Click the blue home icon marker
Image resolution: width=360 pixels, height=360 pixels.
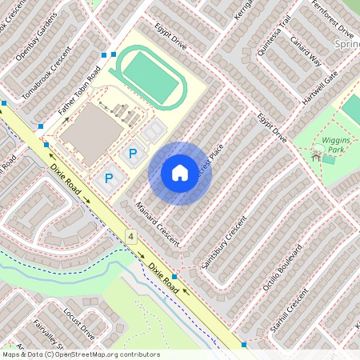(x=180, y=173)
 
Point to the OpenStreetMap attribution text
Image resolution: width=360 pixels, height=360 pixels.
(x=81, y=354)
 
